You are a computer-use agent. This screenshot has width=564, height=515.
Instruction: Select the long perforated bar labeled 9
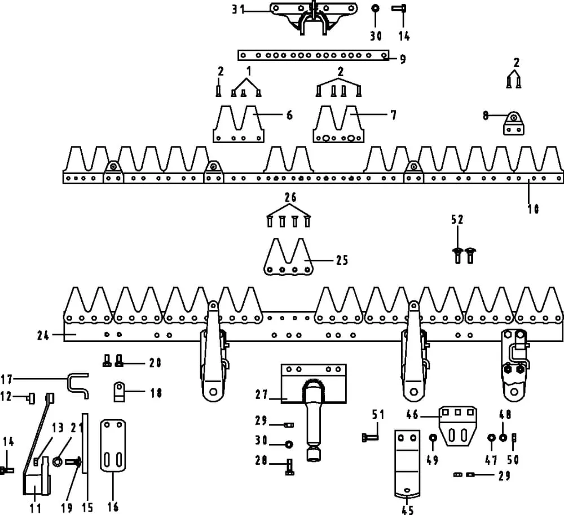pyautogui.click(x=313, y=55)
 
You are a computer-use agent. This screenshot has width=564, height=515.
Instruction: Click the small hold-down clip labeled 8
pyautogui.click(x=513, y=123)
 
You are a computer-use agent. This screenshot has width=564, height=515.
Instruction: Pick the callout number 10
pyautogui.click(x=533, y=208)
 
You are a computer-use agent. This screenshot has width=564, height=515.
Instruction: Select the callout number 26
pyautogui.click(x=290, y=198)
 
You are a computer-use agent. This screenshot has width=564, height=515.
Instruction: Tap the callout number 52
pyautogui.click(x=457, y=219)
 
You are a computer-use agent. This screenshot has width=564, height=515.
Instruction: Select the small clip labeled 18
pyautogui.click(x=120, y=391)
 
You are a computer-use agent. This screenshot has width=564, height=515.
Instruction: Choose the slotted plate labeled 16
pyautogui.click(x=113, y=445)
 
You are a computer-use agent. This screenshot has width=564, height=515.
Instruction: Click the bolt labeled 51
pyautogui.click(x=369, y=437)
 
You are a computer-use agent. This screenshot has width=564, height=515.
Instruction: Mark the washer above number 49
pyautogui.click(x=433, y=438)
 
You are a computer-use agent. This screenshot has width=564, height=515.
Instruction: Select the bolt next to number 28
pyautogui.click(x=289, y=467)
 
